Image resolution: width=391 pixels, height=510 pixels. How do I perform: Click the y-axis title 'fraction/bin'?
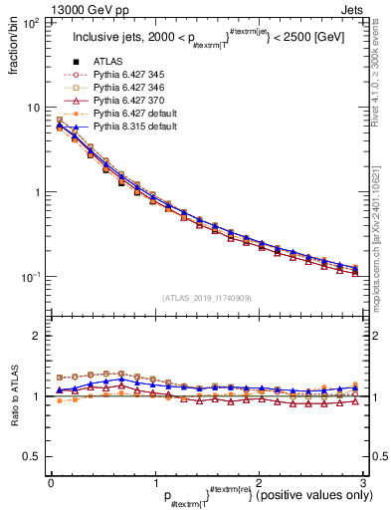pyautogui.click(x=14, y=49)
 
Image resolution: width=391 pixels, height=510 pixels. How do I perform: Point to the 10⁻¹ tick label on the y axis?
pyautogui.click(x=32, y=277)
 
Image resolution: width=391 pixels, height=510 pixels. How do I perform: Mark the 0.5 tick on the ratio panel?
pyautogui.click(x=33, y=456)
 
